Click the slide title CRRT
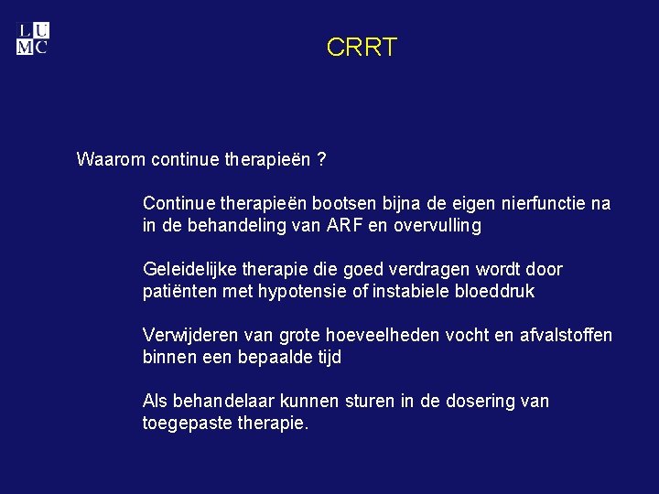point(362,48)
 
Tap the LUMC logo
point(33,38)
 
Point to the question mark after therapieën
point(320,160)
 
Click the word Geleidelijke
point(189,270)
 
